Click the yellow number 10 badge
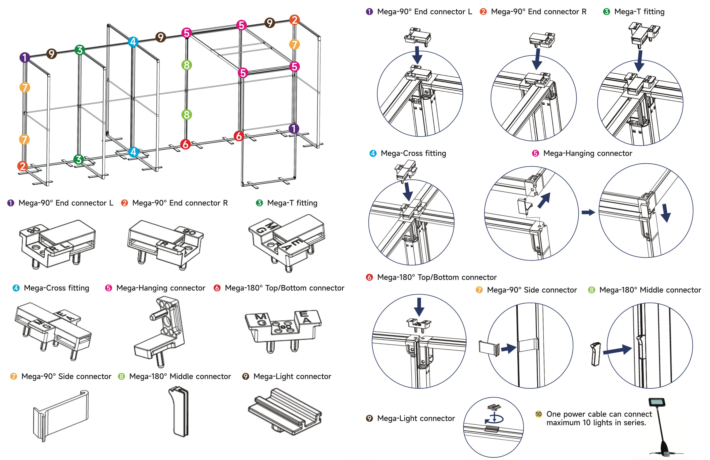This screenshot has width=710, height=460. (x=538, y=414)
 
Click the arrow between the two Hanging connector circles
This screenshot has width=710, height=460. (x=588, y=212)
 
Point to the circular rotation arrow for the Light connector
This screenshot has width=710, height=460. (x=494, y=419)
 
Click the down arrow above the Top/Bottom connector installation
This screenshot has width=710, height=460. (x=419, y=307)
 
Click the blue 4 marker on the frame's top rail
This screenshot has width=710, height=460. (x=133, y=41)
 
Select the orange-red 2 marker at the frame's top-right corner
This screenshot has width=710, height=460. (x=294, y=20)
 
